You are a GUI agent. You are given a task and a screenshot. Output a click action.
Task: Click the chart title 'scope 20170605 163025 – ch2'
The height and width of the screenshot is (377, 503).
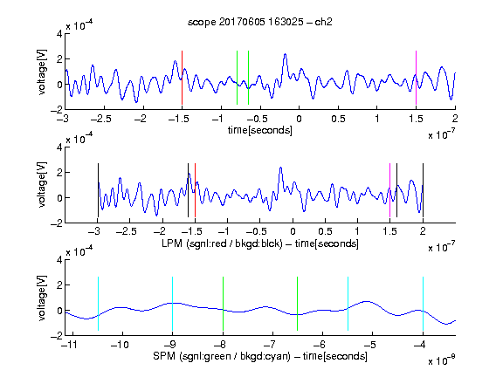coord(260,22)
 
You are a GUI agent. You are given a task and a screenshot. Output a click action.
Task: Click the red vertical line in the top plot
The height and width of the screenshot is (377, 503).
coord(182,78)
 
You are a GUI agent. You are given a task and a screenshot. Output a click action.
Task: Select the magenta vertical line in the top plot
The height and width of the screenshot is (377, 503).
coord(416,78)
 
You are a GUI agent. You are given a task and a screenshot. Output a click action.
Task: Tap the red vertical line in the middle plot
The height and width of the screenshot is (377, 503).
coord(195,190)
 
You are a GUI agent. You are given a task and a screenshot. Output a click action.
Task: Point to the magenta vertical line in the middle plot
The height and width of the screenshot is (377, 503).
coord(389,190)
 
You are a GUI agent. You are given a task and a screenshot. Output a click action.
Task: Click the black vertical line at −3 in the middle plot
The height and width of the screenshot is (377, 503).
coord(98,190)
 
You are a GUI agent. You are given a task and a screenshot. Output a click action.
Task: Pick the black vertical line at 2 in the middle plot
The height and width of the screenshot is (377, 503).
coord(423,190)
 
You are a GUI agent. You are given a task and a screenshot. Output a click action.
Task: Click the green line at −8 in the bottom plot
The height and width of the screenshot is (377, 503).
coord(223,304)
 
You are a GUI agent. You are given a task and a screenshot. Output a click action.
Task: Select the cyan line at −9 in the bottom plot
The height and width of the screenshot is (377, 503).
coord(173,304)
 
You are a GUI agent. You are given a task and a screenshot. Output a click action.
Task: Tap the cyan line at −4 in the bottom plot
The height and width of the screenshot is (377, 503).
coord(423,304)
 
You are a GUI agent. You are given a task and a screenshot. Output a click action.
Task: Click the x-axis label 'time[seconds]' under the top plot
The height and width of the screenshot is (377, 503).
coord(260,130)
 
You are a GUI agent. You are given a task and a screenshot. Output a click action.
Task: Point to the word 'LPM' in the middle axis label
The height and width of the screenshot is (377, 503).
coord(172,243)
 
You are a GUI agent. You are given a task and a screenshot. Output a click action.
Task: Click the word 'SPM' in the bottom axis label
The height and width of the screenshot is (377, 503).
coord(164,356)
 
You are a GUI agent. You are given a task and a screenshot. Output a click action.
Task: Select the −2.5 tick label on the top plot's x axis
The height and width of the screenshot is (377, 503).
coord(100,119)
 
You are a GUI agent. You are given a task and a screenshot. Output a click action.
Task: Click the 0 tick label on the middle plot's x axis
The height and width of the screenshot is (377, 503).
coord(293,231)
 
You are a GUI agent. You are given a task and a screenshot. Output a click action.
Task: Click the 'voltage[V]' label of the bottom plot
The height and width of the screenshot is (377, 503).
coord(42,298)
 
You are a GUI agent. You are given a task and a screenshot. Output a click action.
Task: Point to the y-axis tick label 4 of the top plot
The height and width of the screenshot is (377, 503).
coord(59,34)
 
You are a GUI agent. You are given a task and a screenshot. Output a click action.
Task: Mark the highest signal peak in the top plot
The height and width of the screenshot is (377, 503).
coord(285,54)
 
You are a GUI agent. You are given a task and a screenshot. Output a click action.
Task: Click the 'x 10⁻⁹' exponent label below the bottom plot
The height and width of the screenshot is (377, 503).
coord(441,360)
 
